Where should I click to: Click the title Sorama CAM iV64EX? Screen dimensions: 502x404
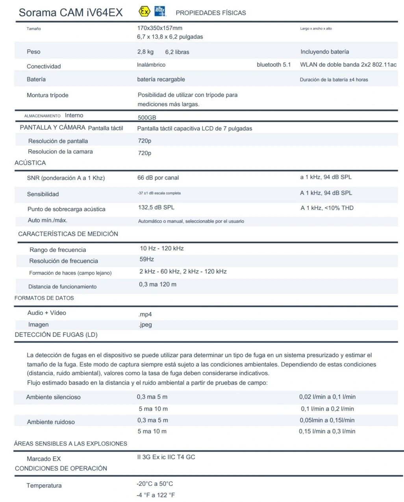point(71,13)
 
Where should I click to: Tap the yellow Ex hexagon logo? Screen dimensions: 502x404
point(145,11)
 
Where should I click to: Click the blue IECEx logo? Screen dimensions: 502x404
point(160,11)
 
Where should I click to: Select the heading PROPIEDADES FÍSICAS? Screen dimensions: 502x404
point(211,13)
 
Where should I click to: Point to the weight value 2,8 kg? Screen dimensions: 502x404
point(145,52)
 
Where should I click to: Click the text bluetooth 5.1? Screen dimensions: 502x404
point(274,65)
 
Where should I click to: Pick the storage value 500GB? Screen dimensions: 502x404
point(147,118)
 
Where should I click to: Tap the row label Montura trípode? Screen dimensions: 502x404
point(48,95)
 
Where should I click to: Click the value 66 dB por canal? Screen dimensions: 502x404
point(158,178)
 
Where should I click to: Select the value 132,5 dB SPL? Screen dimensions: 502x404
point(156,207)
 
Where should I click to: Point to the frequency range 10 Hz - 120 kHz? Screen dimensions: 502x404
point(162,248)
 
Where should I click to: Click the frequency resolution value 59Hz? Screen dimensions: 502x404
point(147,259)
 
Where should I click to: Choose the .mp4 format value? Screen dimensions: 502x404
point(145,315)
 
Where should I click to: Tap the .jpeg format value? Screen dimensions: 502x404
point(145,325)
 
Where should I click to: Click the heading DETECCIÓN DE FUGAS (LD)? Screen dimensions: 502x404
point(56,335)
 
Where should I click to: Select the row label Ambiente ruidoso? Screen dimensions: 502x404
point(51,422)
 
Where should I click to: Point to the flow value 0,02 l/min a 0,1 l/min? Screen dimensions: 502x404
point(327,397)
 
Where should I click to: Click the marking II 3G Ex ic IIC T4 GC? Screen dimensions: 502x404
point(166,457)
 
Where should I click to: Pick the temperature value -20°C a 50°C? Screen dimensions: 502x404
point(155,484)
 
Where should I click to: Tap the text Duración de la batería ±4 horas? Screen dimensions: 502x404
point(334,80)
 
